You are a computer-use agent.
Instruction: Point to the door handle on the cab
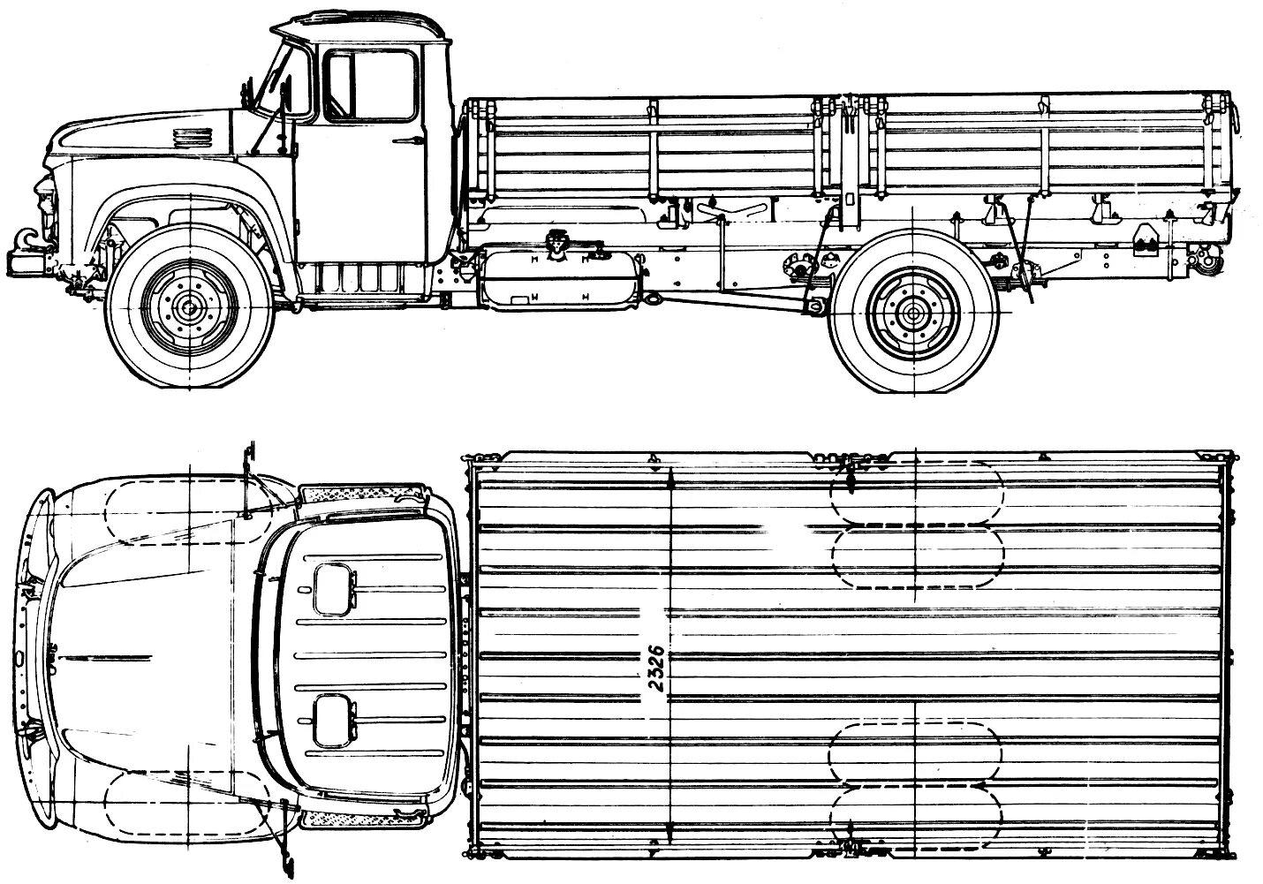(x=408, y=140)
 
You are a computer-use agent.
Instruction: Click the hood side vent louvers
(x=193, y=138)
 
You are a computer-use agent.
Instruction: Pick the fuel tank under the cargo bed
(x=562, y=280)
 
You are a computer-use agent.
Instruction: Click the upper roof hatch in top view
(x=334, y=590)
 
